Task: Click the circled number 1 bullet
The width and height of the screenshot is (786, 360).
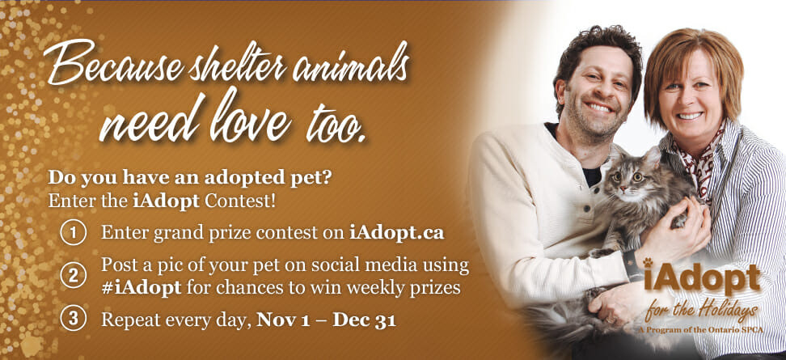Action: (x=74, y=234)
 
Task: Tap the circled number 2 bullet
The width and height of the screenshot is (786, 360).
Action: (x=74, y=276)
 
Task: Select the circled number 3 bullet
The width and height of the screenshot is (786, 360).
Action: (x=74, y=319)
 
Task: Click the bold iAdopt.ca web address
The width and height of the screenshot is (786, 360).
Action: (x=396, y=233)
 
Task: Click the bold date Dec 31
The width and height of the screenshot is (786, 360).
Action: (x=365, y=320)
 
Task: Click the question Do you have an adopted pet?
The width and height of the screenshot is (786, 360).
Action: (x=189, y=178)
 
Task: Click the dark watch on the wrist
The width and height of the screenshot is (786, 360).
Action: (x=632, y=265)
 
